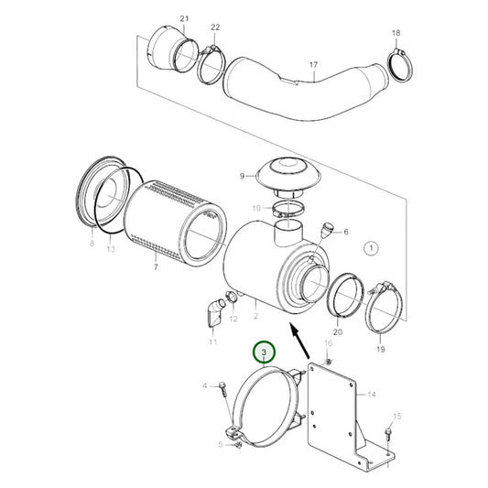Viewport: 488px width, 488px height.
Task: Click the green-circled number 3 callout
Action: (x=265, y=352)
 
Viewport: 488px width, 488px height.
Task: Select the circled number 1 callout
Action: (x=371, y=247)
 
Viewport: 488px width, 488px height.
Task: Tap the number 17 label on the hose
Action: (x=312, y=64)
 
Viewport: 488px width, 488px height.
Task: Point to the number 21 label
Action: (x=184, y=18)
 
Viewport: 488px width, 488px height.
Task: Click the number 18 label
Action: (x=396, y=33)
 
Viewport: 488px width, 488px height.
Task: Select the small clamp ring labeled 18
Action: (x=398, y=63)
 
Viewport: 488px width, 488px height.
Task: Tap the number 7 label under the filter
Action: (x=156, y=266)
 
